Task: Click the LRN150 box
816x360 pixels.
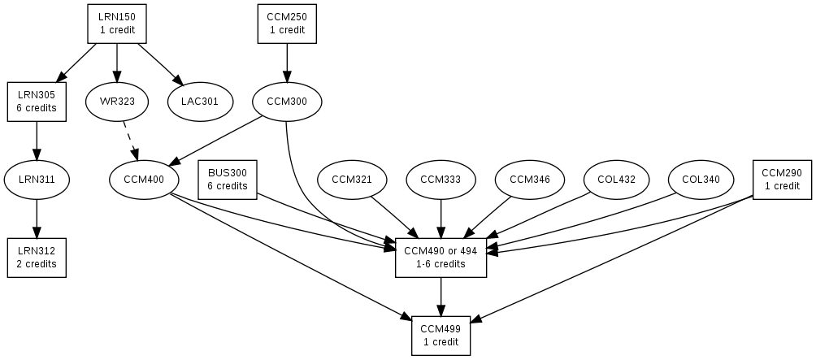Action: (117, 24)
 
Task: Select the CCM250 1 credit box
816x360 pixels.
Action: (286, 24)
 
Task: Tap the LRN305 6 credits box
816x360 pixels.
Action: (36, 102)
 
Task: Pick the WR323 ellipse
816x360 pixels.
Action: (117, 102)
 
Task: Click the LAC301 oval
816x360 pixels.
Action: (201, 102)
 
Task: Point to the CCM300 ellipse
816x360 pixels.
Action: (286, 102)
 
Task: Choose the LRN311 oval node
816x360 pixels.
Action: (36, 180)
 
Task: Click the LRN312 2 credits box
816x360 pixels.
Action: (36, 258)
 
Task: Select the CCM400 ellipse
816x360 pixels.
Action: (143, 180)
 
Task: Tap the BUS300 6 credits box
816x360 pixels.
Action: (228, 180)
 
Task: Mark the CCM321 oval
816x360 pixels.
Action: (351, 180)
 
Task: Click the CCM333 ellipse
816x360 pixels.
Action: (441, 180)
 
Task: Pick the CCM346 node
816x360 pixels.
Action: (529, 180)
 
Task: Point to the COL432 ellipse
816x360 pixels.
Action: (616, 180)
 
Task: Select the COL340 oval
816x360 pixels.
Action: (701, 180)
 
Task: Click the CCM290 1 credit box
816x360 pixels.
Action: (783, 180)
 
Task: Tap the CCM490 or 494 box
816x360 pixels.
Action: (441, 258)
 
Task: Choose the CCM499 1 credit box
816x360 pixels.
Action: (441, 336)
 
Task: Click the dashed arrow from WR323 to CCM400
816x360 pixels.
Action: (130, 141)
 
